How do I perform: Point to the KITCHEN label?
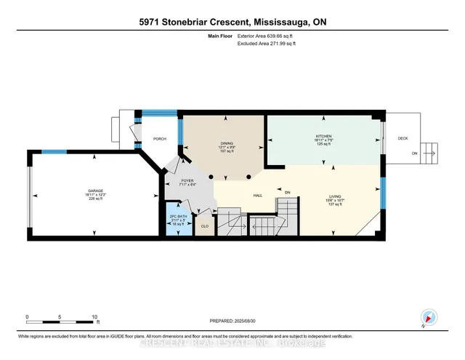[x=323, y=136]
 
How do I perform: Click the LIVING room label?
[x=335, y=196]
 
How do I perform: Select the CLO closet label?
[x=205, y=226]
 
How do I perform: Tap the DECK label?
[x=402, y=138]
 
